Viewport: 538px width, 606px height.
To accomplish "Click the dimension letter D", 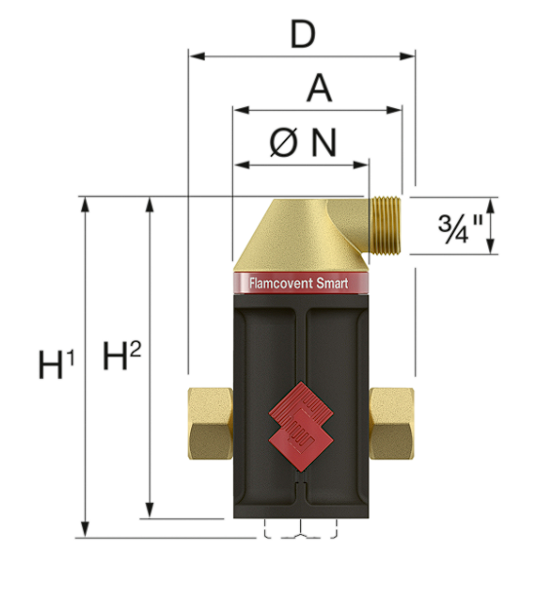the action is pos(303,35).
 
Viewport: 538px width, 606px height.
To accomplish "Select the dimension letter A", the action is pos(319,89).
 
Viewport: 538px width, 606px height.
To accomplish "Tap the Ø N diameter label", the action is pos(303,142).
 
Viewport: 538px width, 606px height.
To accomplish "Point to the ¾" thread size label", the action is pos(460,228).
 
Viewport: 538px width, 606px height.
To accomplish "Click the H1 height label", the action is pos(57,363).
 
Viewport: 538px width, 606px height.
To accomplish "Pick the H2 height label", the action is pos(122,356).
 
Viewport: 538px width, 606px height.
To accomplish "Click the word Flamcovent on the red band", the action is pos(281,284).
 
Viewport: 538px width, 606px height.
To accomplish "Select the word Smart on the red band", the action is pos(332,284).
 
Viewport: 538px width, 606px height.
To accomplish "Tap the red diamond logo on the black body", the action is pos(301,426).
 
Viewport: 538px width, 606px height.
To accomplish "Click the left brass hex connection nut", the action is pos(211,424).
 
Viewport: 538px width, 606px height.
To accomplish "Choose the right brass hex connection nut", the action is pos(392,424).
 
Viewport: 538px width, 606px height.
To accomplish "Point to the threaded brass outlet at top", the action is pos(385,225).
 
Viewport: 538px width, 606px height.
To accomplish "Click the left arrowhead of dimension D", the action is pos(197,57).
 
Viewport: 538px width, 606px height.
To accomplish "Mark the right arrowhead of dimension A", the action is pos(394,110).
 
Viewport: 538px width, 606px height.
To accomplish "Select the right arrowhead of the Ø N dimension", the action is pos(361,166).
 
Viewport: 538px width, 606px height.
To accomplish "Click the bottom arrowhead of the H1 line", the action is pos(85,529).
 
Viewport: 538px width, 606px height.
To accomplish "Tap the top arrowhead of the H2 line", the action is pos(149,205).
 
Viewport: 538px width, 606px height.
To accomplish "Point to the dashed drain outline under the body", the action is pos(301,528).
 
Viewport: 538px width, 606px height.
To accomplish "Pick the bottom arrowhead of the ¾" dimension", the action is pos(490,246).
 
